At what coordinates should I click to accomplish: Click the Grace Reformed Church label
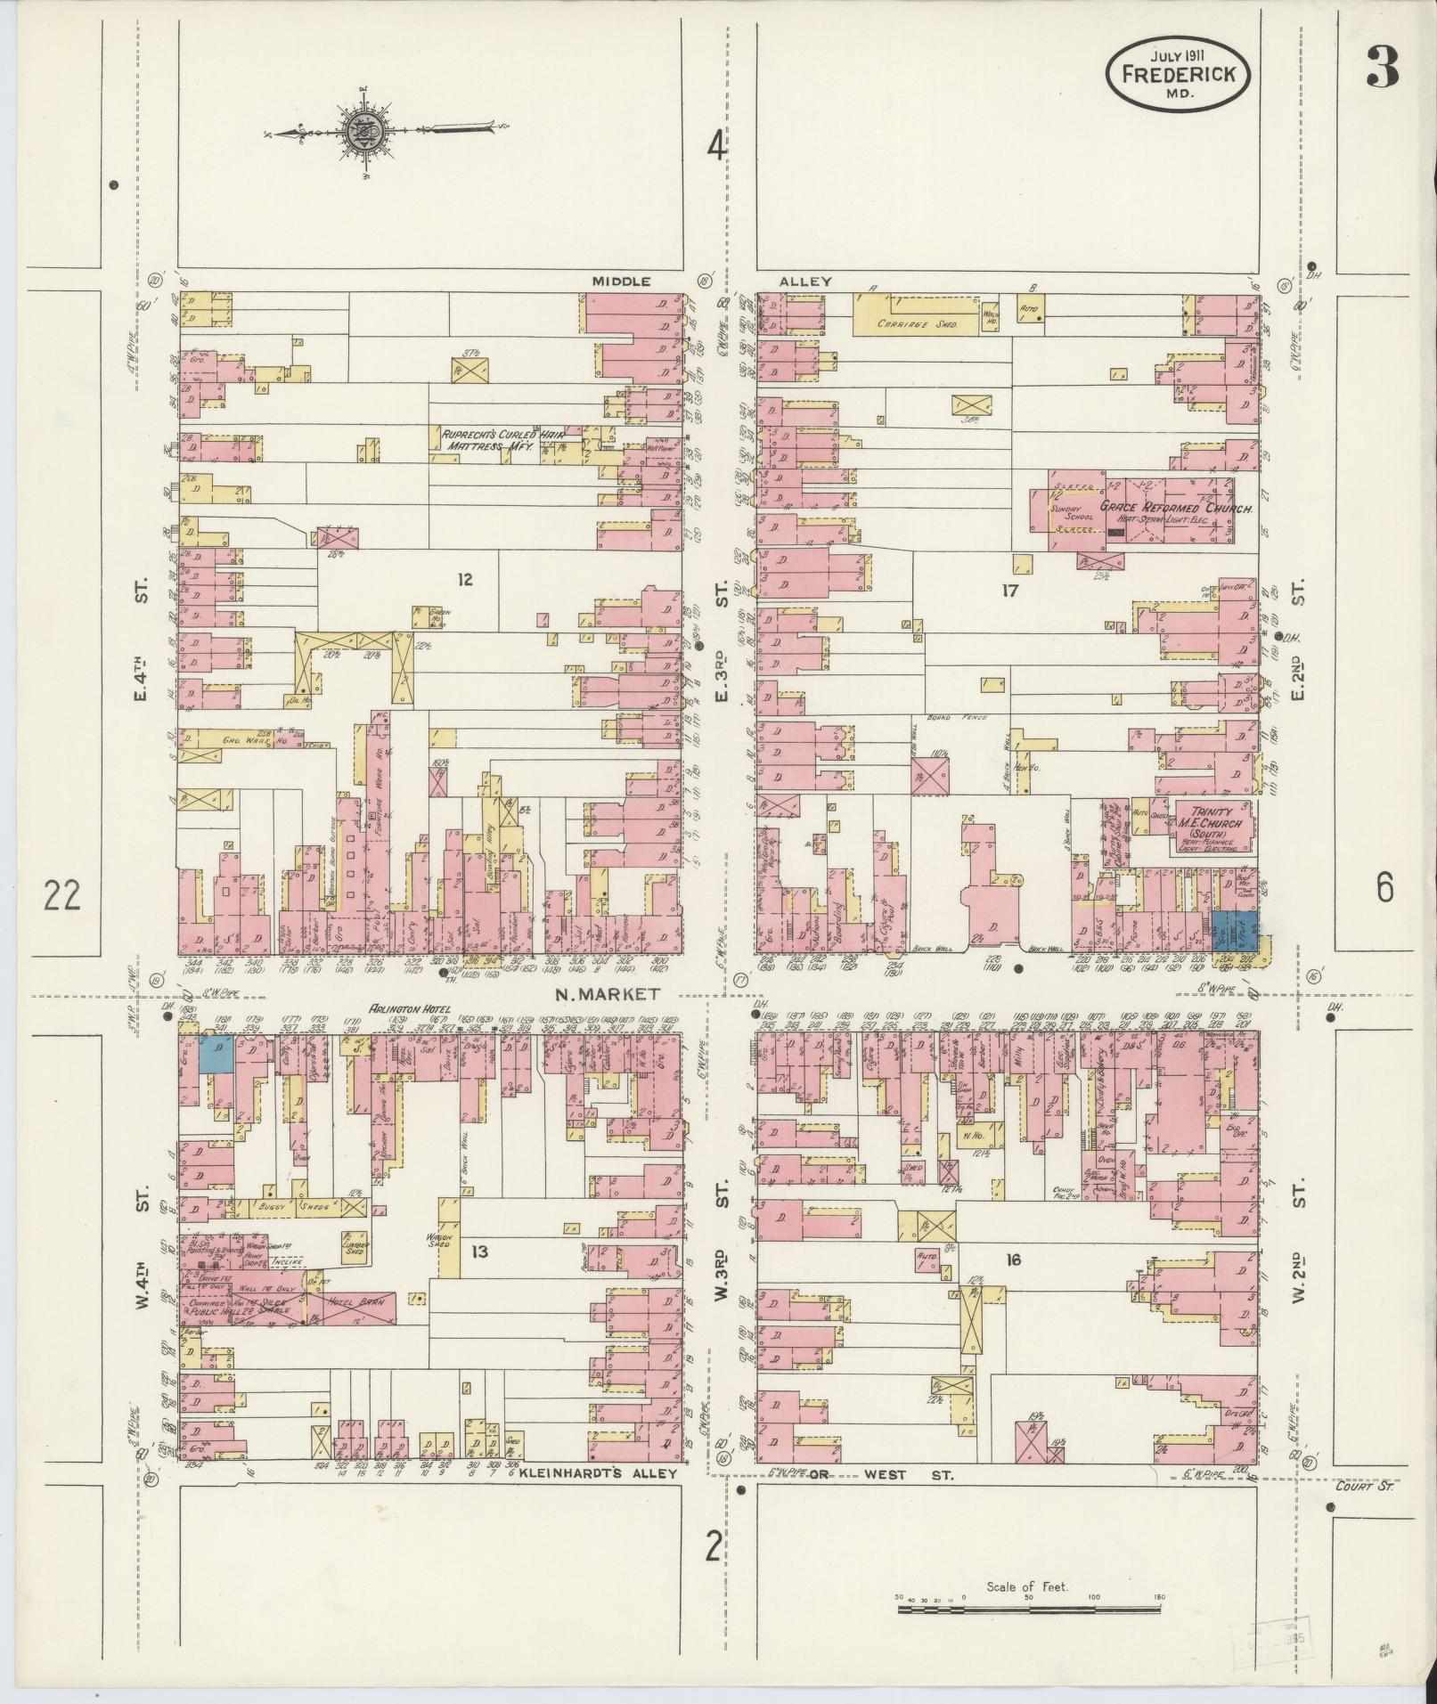point(1176,508)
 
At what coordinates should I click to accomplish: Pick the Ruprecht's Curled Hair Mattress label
point(488,442)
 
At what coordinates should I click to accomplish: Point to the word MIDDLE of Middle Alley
point(622,281)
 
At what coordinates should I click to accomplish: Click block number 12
point(465,581)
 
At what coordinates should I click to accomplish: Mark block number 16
point(1012,1260)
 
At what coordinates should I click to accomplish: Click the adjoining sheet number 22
point(62,893)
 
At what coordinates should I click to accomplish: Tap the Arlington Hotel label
point(407,1008)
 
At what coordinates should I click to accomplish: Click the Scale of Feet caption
point(1027,1586)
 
